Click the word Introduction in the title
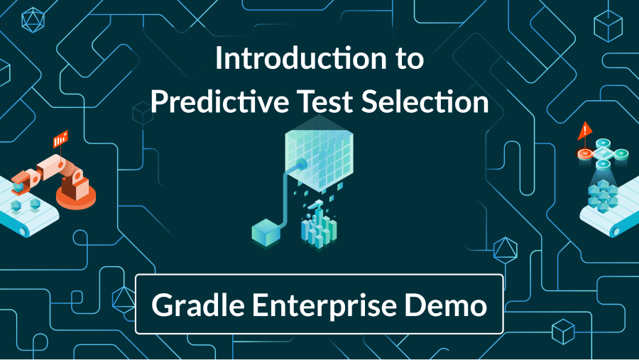[x=301, y=58]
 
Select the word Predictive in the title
[x=219, y=102]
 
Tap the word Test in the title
[x=325, y=102]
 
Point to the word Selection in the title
[x=425, y=102]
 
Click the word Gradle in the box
[x=198, y=305]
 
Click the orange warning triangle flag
[x=585, y=131]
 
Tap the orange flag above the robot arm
[x=60, y=139]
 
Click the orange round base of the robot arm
[x=76, y=197]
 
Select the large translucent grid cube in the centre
[x=319, y=155]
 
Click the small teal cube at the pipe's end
[x=266, y=232]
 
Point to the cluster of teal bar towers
[x=319, y=227]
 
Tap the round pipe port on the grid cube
[x=302, y=165]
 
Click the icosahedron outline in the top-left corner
[x=33, y=20]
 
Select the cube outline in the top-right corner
[x=608, y=26]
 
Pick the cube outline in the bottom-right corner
[x=563, y=332]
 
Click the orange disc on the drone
[x=585, y=153]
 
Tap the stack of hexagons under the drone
[x=603, y=196]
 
